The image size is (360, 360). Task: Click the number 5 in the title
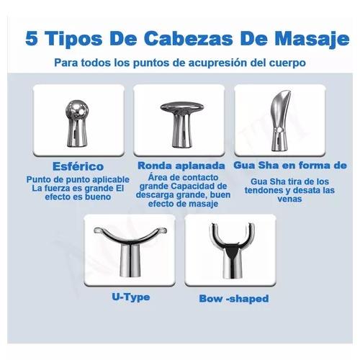[32, 38]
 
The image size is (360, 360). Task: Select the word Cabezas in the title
[189, 38]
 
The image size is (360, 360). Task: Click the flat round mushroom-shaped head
[182, 124]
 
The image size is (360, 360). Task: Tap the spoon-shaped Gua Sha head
[280, 121]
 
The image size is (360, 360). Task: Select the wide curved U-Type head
[130, 250]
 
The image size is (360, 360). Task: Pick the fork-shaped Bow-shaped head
[232, 251]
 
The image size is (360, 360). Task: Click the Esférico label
[78, 166]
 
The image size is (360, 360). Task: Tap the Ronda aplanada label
[181, 166]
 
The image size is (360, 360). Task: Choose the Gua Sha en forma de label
[290, 165]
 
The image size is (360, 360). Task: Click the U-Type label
[131, 297]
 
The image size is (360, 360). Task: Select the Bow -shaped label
[234, 299]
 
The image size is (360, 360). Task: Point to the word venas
[289, 199]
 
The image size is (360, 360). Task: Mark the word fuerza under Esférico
[58, 189]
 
